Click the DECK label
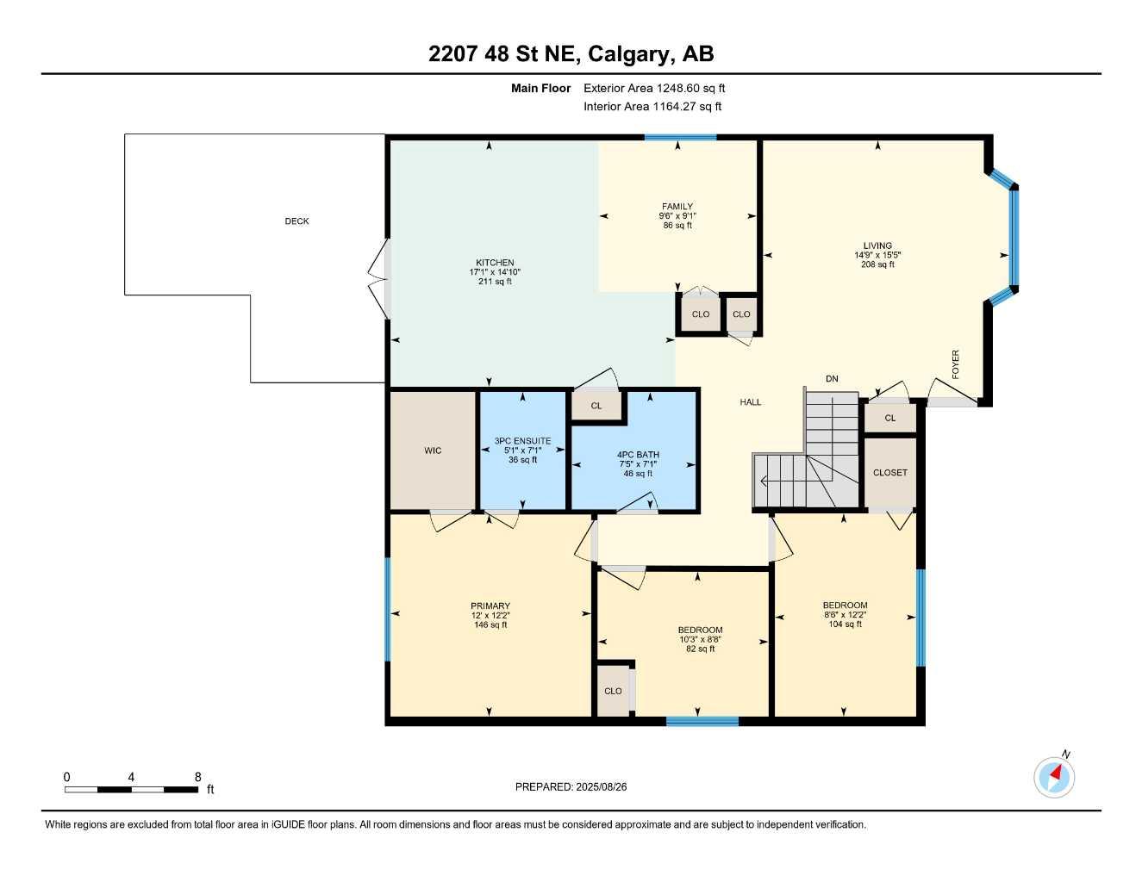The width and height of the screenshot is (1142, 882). [296, 221]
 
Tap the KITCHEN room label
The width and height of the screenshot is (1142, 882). [495, 263]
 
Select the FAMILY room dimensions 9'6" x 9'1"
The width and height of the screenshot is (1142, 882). [677, 216]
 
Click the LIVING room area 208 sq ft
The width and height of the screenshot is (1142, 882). [877, 264]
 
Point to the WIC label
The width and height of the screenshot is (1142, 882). [433, 450]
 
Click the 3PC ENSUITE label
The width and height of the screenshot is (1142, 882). [522, 441]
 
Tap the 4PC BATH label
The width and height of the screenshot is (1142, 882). [638, 455]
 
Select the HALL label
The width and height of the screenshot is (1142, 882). [750, 402]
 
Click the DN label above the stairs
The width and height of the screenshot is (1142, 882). [832, 379]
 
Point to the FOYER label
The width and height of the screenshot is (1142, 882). [955, 364]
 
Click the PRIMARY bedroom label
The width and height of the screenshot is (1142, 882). [490, 606]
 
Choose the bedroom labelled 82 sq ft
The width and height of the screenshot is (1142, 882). [700, 639]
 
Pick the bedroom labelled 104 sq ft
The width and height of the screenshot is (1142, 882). [845, 614]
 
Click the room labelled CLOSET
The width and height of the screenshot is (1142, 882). [889, 473]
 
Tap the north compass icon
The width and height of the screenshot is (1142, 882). [1054, 776]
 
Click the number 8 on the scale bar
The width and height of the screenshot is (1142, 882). [197, 777]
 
